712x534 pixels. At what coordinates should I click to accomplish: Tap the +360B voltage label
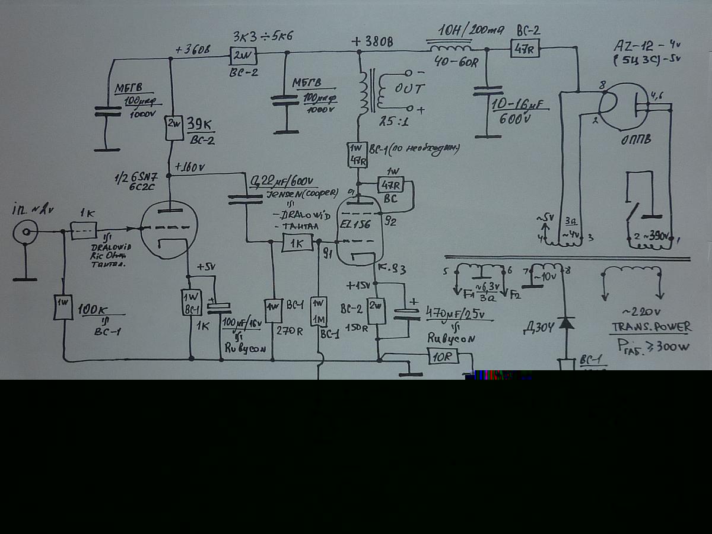click(193, 49)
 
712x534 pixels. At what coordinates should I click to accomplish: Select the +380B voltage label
click(371, 42)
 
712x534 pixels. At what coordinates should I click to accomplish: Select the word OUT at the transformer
click(410, 88)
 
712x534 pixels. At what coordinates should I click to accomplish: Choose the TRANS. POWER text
click(651, 327)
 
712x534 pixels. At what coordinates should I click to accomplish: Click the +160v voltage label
click(189, 167)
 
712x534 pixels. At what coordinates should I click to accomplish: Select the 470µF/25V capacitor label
click(459, 312)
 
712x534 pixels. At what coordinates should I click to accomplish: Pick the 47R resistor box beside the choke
click(525, 49)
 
